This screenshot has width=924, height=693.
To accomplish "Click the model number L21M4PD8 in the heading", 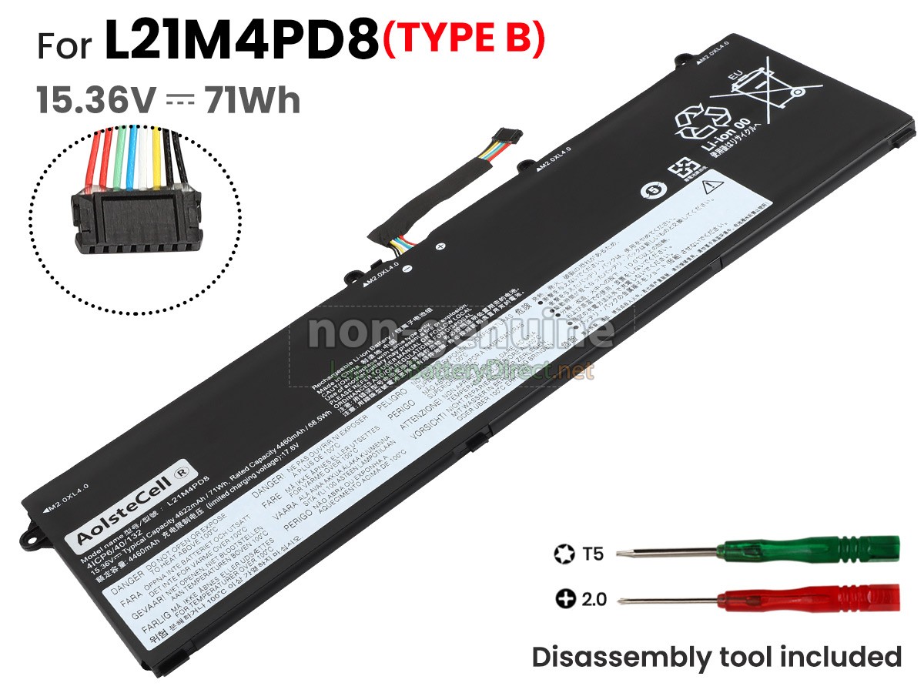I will coord(242,44).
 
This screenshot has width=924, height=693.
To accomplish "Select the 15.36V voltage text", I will coord(96,101).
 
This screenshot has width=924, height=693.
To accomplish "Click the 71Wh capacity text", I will coord(252,101).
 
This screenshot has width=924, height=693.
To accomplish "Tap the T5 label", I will coord(594,553).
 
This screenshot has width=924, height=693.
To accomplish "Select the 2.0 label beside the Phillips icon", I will coord(594,598).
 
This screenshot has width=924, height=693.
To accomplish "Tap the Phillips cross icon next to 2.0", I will coord(564,598).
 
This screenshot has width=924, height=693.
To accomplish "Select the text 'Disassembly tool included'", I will coord(716,657).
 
